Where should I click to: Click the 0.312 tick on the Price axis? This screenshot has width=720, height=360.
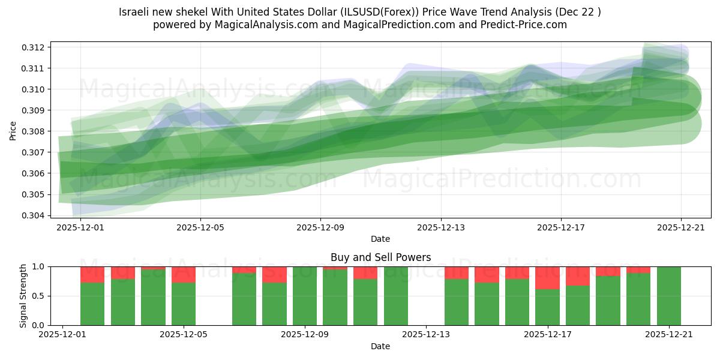[35, 47]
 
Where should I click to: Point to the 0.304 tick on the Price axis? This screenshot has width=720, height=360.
[35, 215]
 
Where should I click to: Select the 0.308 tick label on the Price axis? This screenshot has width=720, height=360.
[35, 131]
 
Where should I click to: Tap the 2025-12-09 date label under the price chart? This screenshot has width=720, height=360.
[320, 227]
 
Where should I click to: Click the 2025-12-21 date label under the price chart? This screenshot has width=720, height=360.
[681, 227]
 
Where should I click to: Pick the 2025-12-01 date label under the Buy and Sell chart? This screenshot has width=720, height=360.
[63, 335]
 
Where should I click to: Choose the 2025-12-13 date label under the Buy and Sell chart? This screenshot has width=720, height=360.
[426, 335]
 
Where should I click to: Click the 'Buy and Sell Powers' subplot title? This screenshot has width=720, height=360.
[380, 257]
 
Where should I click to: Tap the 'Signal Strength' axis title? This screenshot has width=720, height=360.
[23, 296]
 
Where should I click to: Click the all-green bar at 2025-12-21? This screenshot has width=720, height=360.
[669, 296]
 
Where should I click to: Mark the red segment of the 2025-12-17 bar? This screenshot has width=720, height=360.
[547, 278]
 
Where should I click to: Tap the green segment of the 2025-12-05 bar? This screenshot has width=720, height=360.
[184, 304]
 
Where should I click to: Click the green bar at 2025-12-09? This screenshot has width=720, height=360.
[305, 296]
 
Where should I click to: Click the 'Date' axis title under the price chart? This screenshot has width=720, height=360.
[380, 239]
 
